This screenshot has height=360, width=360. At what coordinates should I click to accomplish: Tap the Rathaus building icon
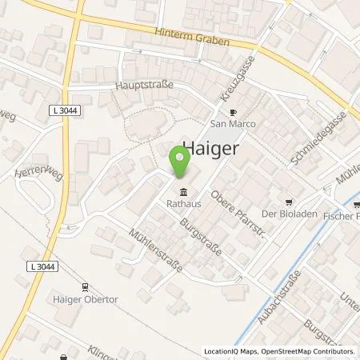point(185,192)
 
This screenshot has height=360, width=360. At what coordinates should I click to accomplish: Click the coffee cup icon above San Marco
point(234,113)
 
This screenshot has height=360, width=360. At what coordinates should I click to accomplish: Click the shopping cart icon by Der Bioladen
point(290,202)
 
